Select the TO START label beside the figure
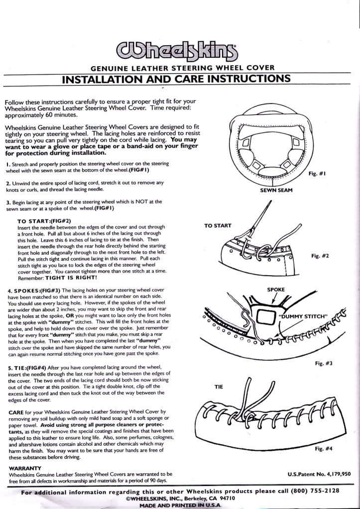[x=218, y=225]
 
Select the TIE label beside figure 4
[x=220, y=386]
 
